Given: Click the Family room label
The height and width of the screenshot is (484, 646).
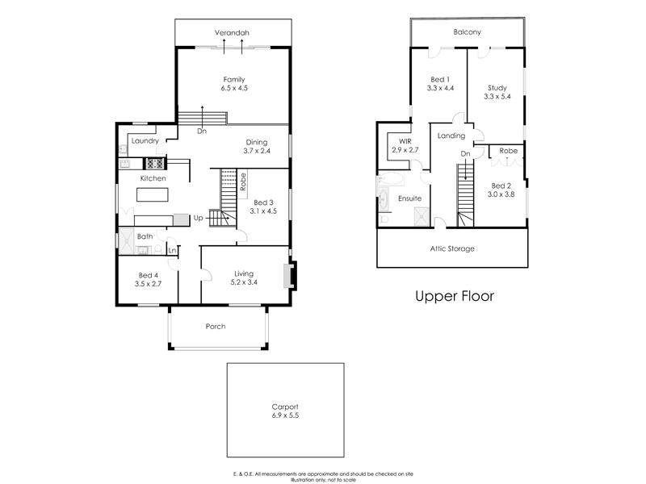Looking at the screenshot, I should click(x=234, y=78).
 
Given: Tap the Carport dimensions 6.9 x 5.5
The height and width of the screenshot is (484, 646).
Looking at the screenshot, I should click(x=284, y=415).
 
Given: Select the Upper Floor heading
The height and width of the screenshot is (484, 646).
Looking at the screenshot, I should click(x=454, y=296).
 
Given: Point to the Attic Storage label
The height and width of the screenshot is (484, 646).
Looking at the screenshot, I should click(x=451, y=248).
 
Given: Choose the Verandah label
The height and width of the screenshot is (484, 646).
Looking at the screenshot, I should click(x=232, y=32).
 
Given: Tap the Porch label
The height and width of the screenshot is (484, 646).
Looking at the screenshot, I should click(x=216, y=326).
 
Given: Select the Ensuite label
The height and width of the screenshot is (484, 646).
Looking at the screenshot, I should click(x=409, y=198).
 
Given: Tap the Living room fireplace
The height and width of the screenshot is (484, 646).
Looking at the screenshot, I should click(x=289, y=275).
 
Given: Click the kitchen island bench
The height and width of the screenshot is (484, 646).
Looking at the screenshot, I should click(x=153, y=194).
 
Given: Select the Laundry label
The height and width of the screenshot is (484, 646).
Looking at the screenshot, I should click(x=145, y=141).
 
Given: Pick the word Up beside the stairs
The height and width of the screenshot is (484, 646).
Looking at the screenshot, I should click(x=198, y=218).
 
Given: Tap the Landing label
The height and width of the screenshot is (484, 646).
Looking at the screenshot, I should click(x=451, y=136).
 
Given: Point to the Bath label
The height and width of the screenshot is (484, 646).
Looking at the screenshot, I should click(x=145, y=236).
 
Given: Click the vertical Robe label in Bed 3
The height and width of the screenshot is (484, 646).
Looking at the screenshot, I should click(x=242, y=181).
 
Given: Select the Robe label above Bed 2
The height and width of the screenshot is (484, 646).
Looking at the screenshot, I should click(x=508, y=151).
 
